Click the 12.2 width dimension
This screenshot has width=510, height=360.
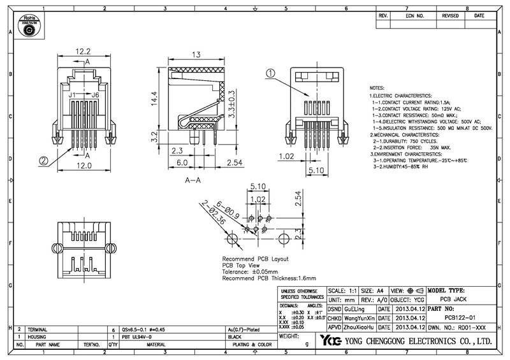pos(84,52)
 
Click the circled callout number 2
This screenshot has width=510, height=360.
pos(44,161)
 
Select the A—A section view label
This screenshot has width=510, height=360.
pos(194,181)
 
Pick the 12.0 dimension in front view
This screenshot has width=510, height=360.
pos(84,165)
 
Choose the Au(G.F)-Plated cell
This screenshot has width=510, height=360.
pos(243,328)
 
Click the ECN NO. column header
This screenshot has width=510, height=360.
pos(415,15)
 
